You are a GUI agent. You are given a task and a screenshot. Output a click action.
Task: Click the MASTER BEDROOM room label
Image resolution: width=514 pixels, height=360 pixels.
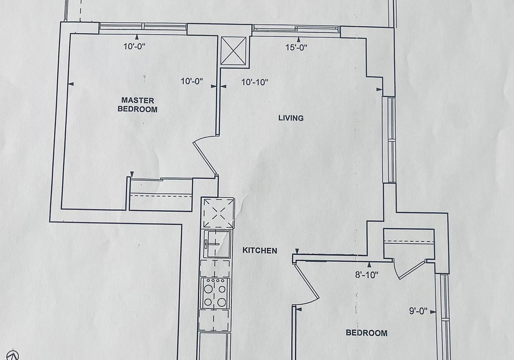pyautogui.click(x=138, y=105)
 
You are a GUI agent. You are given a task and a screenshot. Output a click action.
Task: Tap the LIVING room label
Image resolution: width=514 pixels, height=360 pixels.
pyautogui.click(x=291, y=118)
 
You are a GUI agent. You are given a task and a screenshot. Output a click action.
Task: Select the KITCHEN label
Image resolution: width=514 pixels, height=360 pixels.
pyautogui.click(x=260, y=250)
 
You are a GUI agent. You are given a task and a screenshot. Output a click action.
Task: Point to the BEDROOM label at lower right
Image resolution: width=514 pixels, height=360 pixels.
pyautogui.click(x=366, y=333)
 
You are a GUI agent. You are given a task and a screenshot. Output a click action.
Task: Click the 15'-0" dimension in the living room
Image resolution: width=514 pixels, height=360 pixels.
pyautogui.click(x=296, y=48)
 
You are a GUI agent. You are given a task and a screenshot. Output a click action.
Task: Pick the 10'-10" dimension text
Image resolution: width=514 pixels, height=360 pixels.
pyautogui.click(x=255, y=82)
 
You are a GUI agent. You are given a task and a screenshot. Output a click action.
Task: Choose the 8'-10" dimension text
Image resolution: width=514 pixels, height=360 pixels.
pyautogui.click(x=366, y=275)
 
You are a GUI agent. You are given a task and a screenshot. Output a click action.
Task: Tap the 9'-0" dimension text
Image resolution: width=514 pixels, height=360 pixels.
pyautogui.click(x=418, y=311)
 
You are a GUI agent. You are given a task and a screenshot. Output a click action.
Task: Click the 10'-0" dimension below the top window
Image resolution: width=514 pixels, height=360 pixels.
pyautogui.click(x=134, y=47)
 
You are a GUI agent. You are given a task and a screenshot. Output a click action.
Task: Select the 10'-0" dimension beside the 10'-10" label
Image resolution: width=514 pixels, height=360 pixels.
pyautogui.click(x=192, y=81)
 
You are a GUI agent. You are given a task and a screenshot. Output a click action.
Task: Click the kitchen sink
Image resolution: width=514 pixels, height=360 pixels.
pyautogui.click(x=217, y=244)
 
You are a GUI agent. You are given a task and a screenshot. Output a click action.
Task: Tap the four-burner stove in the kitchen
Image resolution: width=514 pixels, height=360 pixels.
pyautogui.click(x=215, y=293)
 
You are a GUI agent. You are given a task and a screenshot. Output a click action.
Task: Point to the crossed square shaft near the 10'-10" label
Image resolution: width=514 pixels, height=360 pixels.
pyautogui.click(x=233, y=51)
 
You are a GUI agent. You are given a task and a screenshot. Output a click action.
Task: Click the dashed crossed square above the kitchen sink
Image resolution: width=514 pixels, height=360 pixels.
pyautogui.click(x=218, y=213)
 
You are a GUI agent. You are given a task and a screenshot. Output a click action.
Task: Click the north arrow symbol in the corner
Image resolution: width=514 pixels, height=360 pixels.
pyautogui.click(x=12, y=355)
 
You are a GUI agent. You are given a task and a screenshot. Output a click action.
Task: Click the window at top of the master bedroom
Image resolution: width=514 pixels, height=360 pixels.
pyautogui.click(x=143, y=27)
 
